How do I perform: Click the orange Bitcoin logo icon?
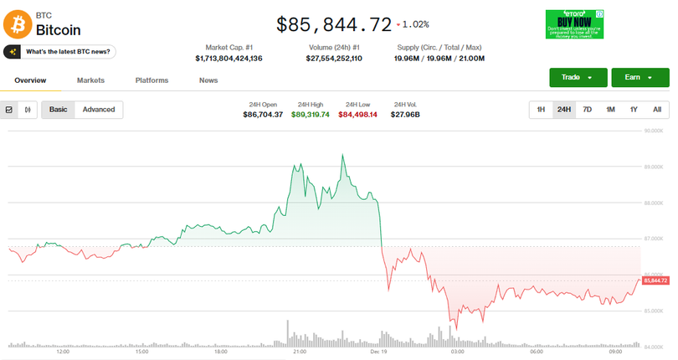pos(18,23)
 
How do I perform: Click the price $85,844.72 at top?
pos(333,24)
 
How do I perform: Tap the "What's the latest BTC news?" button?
pos(59,52)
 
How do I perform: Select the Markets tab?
pos(90,80)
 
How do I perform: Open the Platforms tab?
pos(152,80)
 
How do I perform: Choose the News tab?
pos(208,80)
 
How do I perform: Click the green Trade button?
pos(577,78)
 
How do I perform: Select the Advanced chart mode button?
pos(99,110)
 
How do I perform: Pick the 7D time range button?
pos(588,110)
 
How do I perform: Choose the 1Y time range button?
pos(634,110)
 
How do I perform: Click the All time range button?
pos(657,110)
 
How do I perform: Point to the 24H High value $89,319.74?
pos(310,115)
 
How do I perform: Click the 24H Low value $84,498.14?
pos(357,115)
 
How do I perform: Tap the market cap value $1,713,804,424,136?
pos(229,59)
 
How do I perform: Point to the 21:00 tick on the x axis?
pos(299,352)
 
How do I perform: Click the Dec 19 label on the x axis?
pos(378,352)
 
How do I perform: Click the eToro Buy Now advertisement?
pos(573,23)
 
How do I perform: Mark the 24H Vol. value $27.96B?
pos(405,115)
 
